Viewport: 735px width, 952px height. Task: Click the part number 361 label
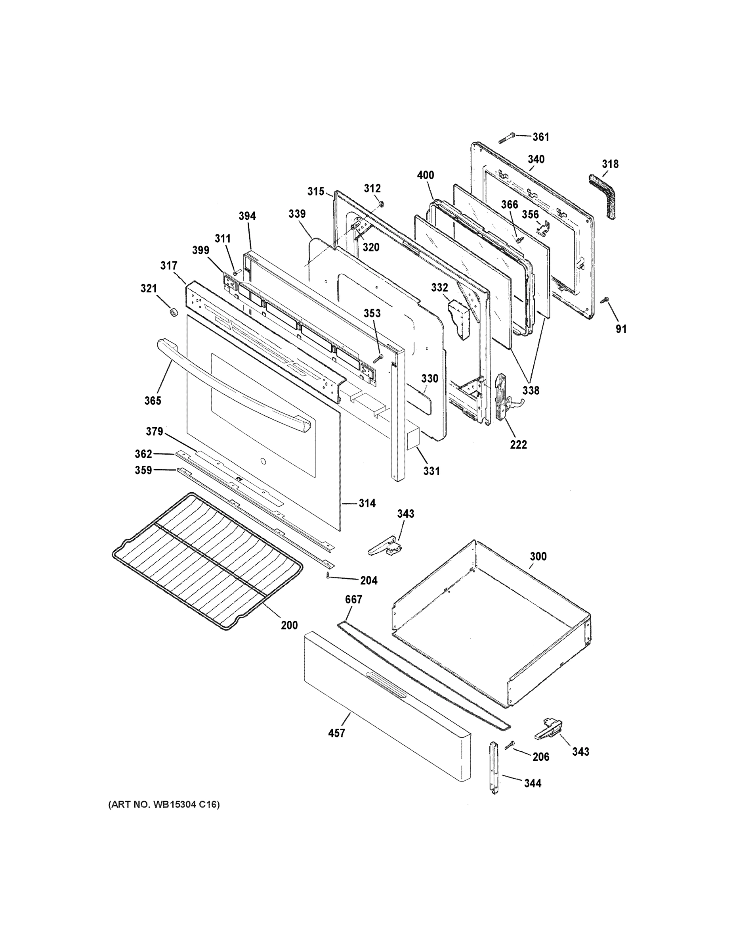[x=541, y=137]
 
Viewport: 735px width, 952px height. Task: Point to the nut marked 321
[x=173, y=313]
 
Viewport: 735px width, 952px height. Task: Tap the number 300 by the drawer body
[x=538, y=556]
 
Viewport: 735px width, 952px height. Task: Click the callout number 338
[x=531, y=390]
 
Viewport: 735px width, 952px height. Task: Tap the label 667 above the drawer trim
[x=353, y=599]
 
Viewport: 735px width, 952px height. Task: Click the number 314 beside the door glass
[x=367, y=503]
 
